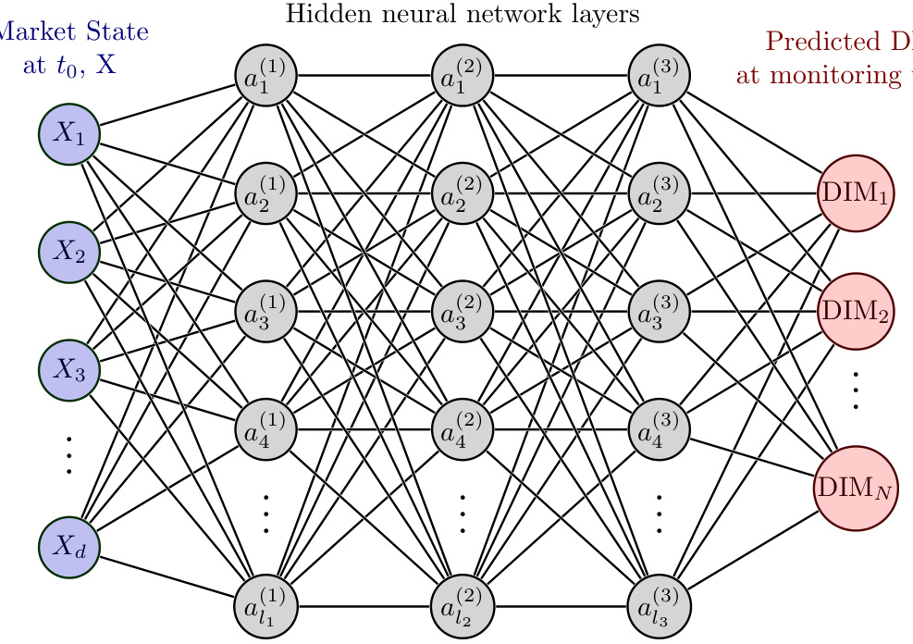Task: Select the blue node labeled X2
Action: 69,252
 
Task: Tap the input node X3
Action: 69,370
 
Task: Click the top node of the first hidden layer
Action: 265,74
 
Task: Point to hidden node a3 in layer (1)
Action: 265,311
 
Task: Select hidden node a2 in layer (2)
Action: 463,192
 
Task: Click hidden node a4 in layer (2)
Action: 463,428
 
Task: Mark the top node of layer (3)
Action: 660,74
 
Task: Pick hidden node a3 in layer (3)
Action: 660,311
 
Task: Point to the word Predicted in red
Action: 810,43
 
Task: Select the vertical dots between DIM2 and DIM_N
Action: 856,390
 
